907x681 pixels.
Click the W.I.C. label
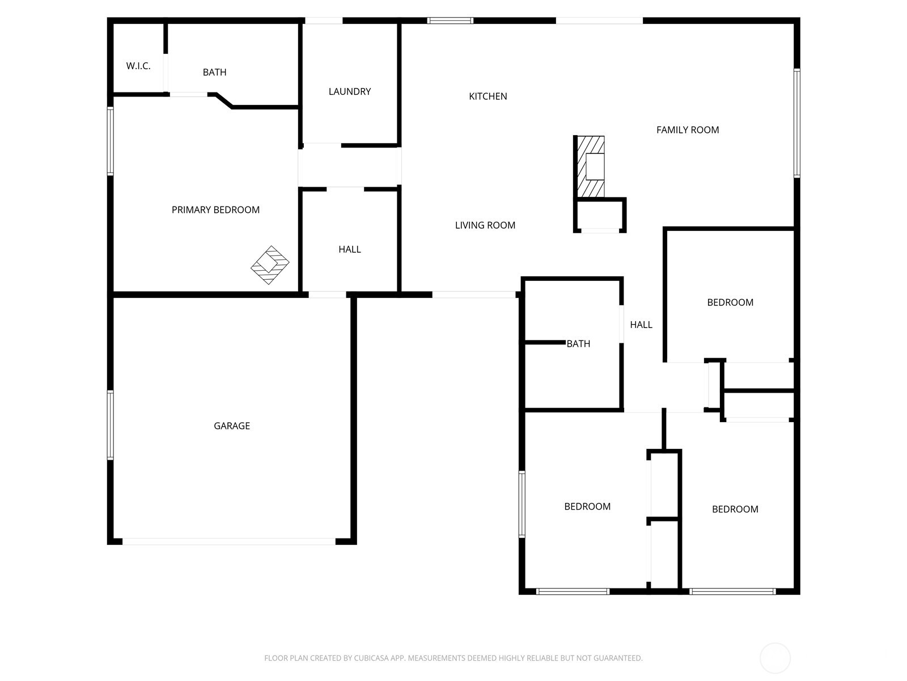click(138, 66)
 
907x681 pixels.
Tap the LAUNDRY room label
click(350, 91)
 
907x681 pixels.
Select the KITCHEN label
click(488, 96)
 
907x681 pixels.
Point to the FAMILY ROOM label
click(687, 130)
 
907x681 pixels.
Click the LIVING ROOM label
click(485, 225)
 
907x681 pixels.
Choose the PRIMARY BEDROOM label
click(215, 210)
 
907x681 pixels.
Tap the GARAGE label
click(231, 426)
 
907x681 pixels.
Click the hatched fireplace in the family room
click(590, 167)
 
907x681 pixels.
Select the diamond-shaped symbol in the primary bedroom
click(270, 265)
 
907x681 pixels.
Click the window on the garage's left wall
click(111, 424)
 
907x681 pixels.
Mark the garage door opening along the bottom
click(229, 542)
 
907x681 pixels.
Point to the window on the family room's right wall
click(796, 123)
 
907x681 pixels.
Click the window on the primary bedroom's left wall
click(111, 141)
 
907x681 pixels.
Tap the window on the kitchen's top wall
click(450, 21)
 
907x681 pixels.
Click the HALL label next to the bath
click(641, 325)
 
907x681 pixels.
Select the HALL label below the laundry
click(350, 249)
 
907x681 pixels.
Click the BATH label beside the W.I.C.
click(214, 72)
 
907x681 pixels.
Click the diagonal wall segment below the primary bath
click(223, 100)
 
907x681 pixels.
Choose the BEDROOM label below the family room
click(730, 302)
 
